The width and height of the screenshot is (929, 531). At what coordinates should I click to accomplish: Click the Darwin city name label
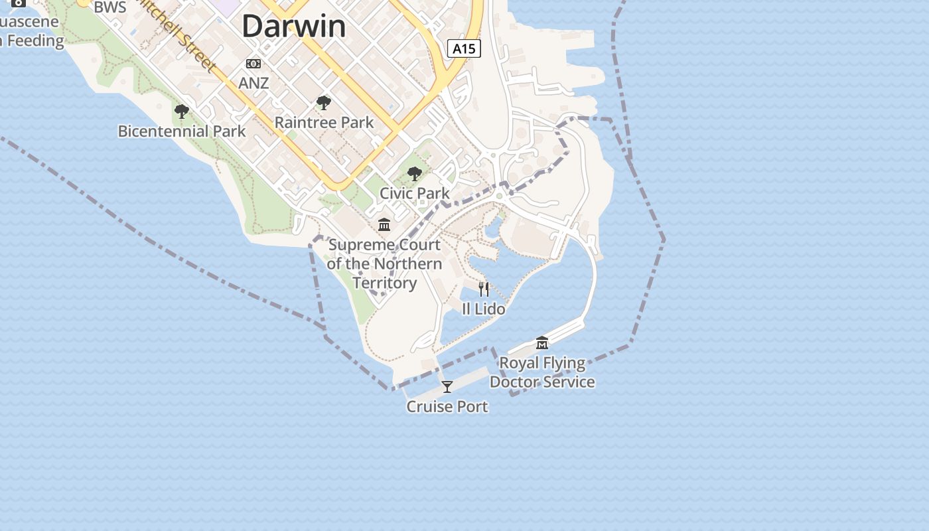click(293, 27)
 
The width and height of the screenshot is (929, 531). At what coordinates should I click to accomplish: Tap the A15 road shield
click(464, 48)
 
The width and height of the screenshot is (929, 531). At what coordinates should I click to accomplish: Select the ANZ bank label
click(253, 83)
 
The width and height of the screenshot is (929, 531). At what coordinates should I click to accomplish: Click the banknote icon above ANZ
click(253, 64)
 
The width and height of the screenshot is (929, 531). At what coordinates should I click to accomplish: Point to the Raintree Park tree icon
click(324, 103)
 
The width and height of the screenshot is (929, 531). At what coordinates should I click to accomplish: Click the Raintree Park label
click(324, 123)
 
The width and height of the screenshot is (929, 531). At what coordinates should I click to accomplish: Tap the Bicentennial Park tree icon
click(181, 112)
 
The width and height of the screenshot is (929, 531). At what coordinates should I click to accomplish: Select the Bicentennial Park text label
click(182, 131)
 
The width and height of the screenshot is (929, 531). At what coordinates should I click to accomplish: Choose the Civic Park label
click(415, 193)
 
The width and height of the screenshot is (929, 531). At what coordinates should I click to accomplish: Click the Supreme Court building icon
click(384, 225)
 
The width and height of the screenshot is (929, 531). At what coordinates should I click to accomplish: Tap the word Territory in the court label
click(385, 283)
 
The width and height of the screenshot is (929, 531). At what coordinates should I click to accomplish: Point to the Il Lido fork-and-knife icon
click(484, 289)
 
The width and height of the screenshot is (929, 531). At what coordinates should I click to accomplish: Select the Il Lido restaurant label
click(484, 309)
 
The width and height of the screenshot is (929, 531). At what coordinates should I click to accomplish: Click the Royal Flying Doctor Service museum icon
click(542, 343)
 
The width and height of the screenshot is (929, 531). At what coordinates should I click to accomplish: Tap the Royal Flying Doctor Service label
click(542, 372)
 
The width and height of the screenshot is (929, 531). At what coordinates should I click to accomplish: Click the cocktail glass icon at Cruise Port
click(447, 387)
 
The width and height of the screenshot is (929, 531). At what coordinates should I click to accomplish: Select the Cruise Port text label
click(447, 407)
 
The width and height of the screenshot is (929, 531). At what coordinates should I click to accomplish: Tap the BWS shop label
click(110, 7)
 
